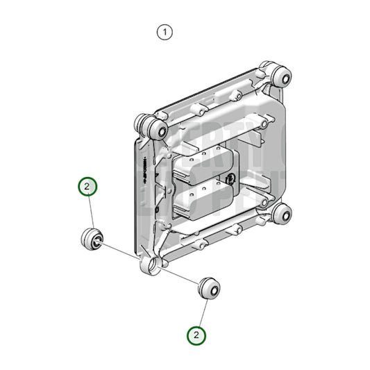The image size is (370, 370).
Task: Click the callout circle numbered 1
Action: [164, 32]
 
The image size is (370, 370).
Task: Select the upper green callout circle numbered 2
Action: [87, 187]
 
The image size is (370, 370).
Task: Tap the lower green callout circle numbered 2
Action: [198, 335]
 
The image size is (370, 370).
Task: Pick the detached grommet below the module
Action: [209, 287]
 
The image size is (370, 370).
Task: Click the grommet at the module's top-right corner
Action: [280, 76]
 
